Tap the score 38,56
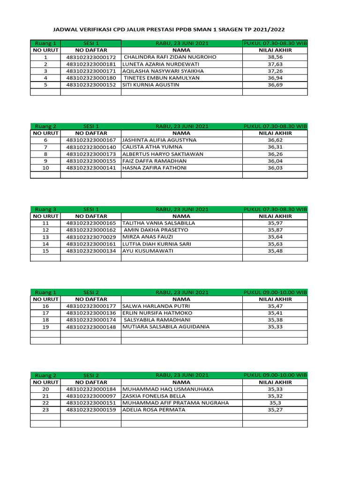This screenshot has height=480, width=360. click(x=275, y=57)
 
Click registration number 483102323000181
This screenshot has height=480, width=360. click(x=91, y=64)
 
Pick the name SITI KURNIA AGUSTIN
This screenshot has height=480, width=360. click(x=151, y=85)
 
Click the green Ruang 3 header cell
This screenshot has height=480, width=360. click(x=45, y=210)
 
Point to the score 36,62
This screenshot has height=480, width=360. click(x=275, y=140)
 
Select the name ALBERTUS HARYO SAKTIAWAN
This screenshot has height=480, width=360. click(x=163, y=154)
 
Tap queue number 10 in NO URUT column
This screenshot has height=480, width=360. click(x=45, y=168)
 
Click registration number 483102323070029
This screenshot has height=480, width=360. click(x=91, y=237)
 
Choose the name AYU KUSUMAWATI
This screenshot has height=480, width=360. click(x=148, y=251)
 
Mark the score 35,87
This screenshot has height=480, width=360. click(x=275, y=230)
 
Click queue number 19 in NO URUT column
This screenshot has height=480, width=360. click(x=45, y=327)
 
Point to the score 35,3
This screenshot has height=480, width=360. click(x=275, y=403)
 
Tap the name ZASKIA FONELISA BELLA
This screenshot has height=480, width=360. click(x=154, y=396)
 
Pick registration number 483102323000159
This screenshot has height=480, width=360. click(x=91, y=410)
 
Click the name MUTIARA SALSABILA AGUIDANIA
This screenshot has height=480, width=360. click(x=166, y=327)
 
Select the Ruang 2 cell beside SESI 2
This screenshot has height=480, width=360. click(x=45, y=375)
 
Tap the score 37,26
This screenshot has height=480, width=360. click(x=275, y=71)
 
